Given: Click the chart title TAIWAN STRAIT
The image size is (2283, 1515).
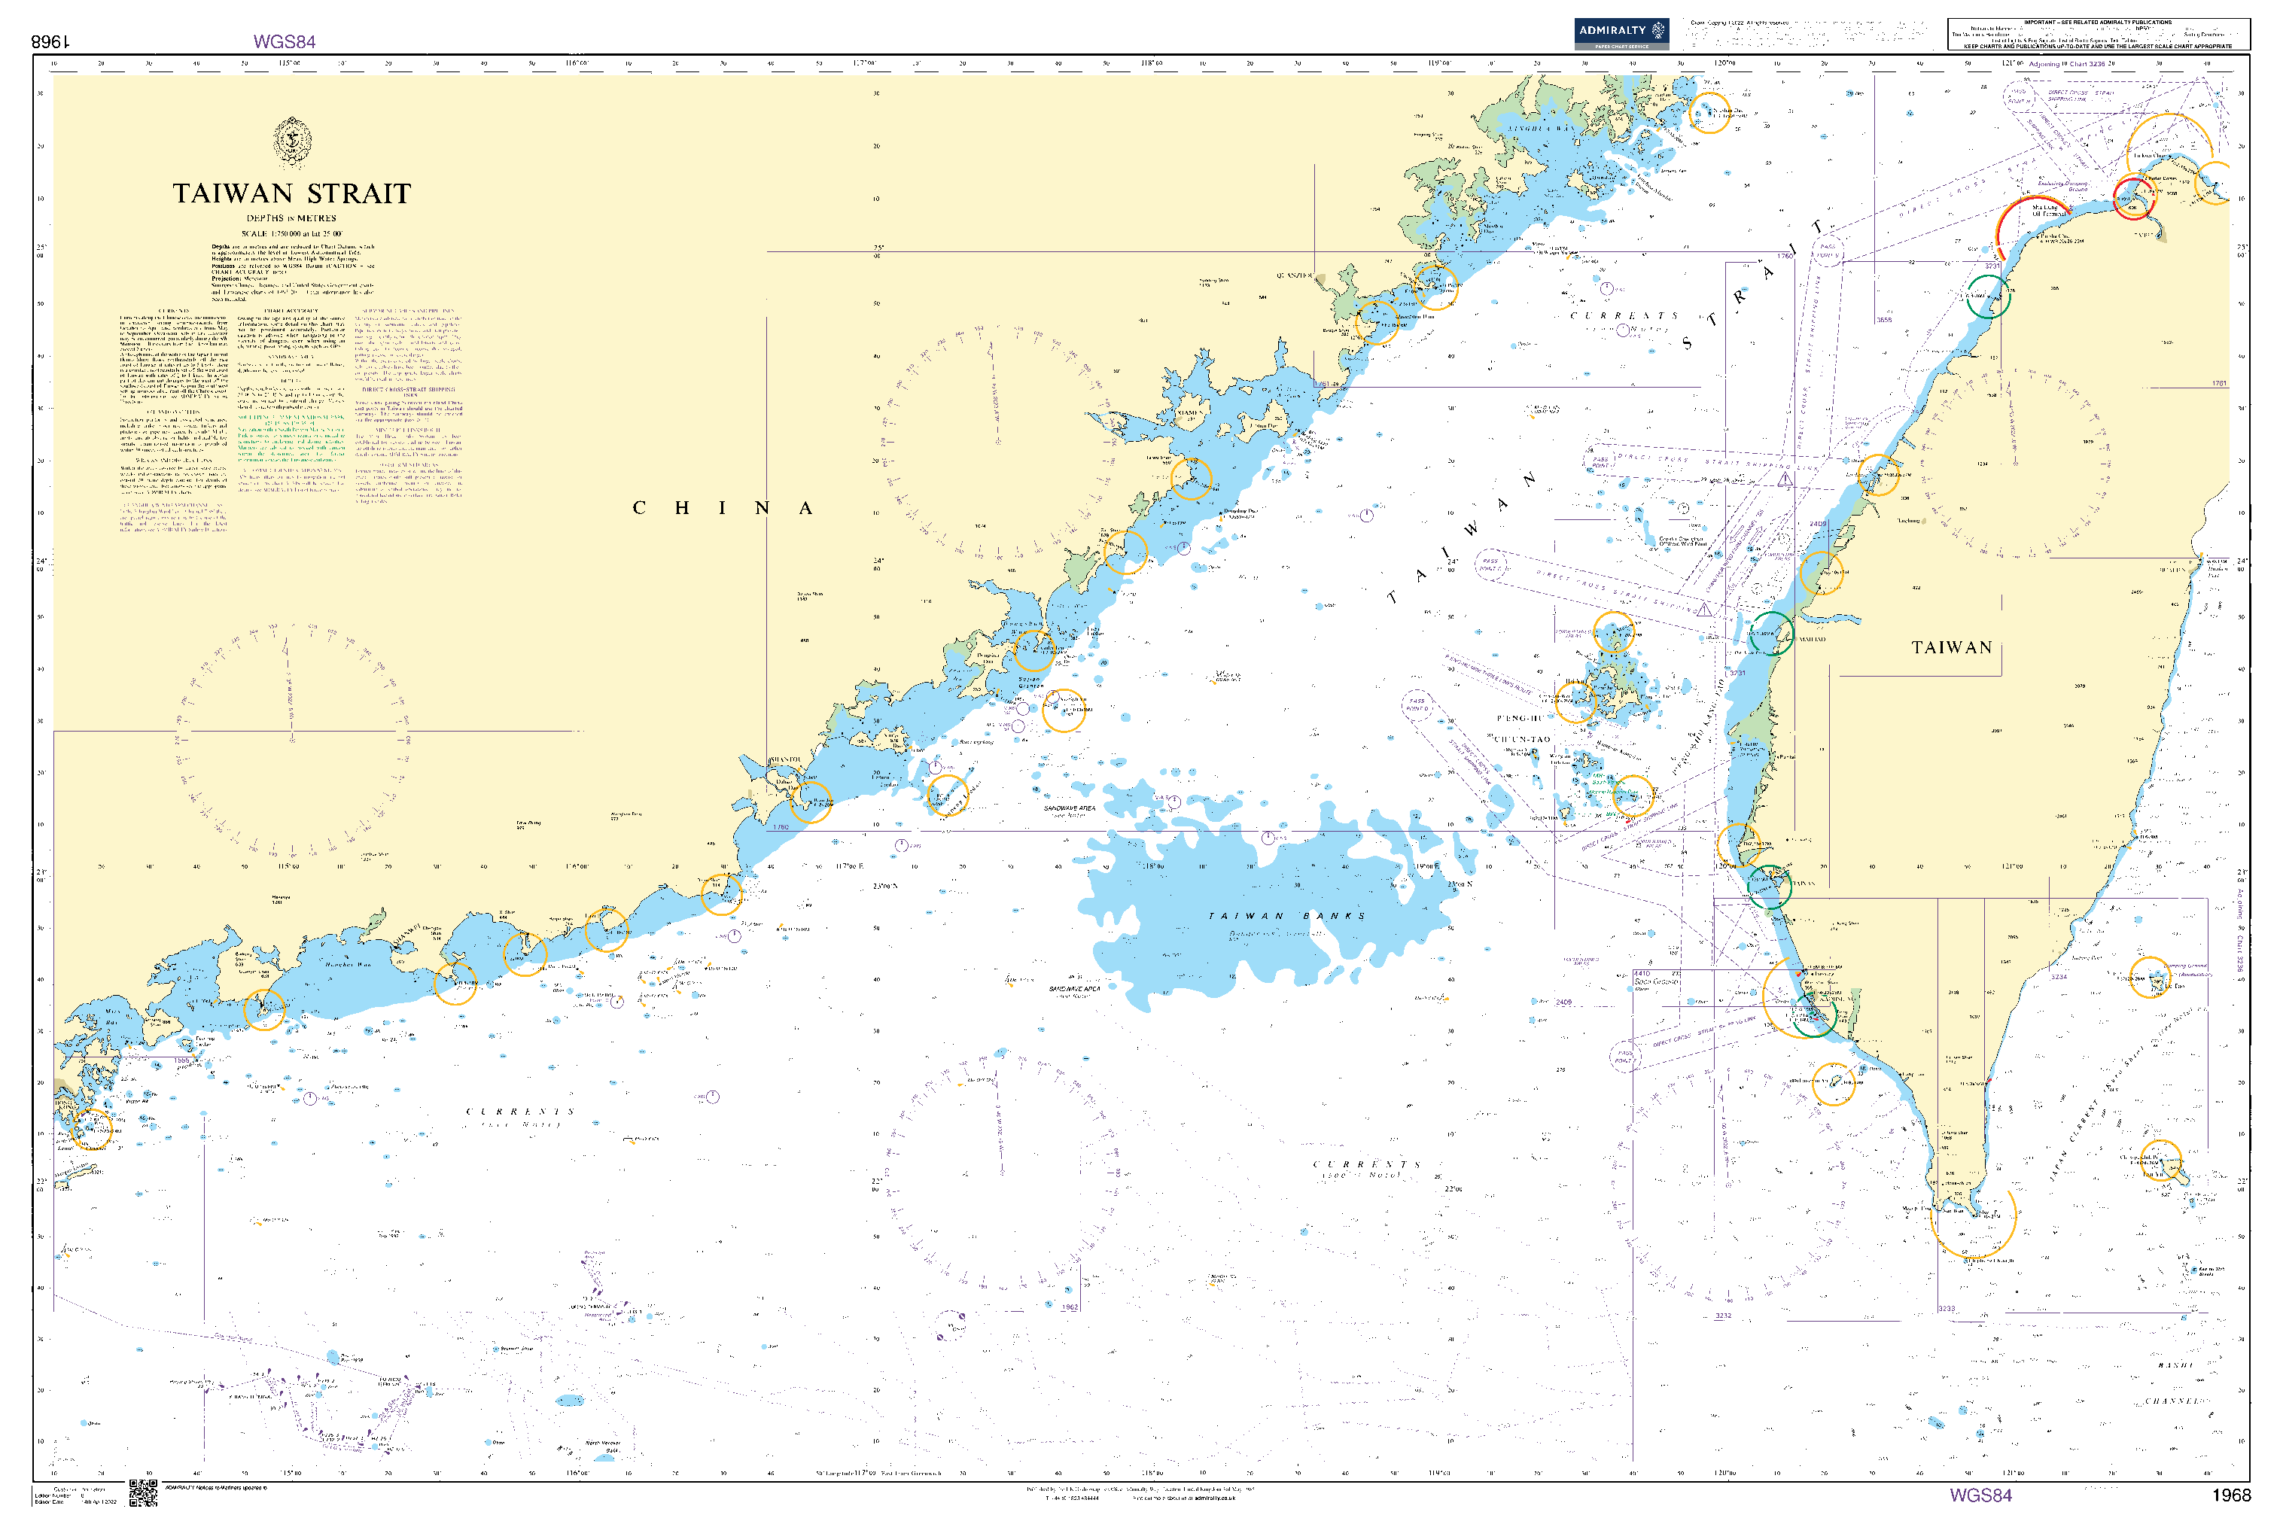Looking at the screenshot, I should pos(292,193).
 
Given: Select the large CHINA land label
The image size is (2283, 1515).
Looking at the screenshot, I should pos(722,508).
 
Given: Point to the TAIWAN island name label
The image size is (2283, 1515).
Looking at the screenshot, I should pos(1950,647).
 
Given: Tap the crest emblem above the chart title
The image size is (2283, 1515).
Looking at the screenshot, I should pos(292,141).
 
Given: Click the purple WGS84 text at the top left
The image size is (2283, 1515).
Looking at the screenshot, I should pos(284,41).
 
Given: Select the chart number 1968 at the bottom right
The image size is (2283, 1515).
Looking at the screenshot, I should pos(2231,1495).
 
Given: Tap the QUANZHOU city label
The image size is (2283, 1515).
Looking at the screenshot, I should pos(1295,276).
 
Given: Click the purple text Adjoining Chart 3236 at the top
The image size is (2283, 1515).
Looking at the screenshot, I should pos(2066,64).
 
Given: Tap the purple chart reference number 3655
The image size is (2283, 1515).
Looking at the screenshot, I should pos(1883,320).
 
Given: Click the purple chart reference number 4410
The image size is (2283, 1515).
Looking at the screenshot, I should pos(1642,974).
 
